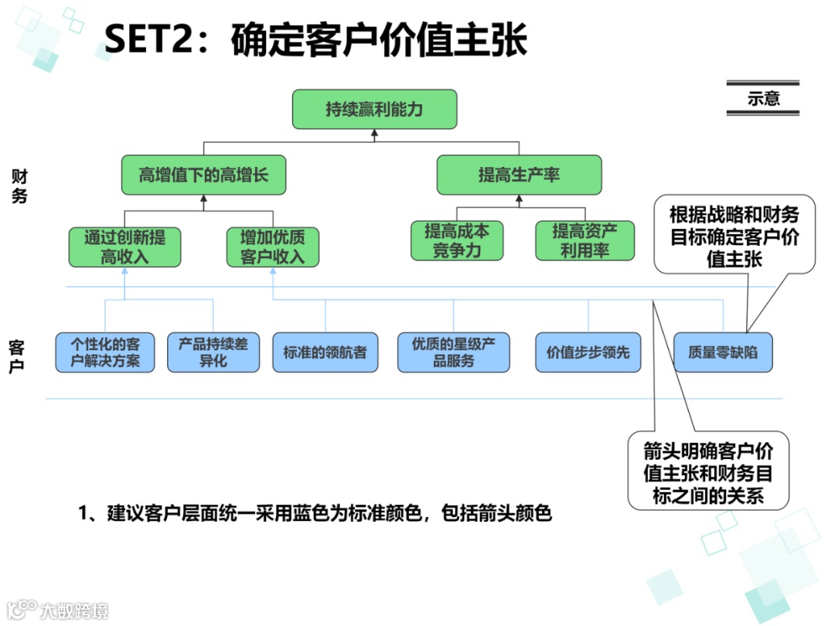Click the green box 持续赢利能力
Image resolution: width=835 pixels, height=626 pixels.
point(374,109)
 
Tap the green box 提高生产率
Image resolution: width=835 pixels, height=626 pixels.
point(518,175)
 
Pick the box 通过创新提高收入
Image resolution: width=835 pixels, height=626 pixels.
point(124,247)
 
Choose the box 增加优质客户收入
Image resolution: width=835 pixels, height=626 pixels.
point(272,247)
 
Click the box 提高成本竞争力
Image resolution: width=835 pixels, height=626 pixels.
point(457,240)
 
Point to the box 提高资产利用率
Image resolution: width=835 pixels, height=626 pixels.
point(584,240)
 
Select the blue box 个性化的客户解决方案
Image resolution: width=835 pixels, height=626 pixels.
point(105,352)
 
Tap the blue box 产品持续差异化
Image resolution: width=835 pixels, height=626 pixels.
point(213,352)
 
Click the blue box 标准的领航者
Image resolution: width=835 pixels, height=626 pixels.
point(325,353)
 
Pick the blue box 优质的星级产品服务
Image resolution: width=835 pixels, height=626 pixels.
point(453,352)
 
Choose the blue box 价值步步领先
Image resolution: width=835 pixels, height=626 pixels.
point(588,353)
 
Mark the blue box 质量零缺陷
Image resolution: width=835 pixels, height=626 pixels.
point(723,353)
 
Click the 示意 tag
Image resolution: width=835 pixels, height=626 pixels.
point(762,99)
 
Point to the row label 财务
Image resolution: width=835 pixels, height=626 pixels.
point(19,186)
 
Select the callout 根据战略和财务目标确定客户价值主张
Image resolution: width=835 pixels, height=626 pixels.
point(734,236)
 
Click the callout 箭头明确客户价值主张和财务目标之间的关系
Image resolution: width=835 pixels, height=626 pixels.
point(707,471)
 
